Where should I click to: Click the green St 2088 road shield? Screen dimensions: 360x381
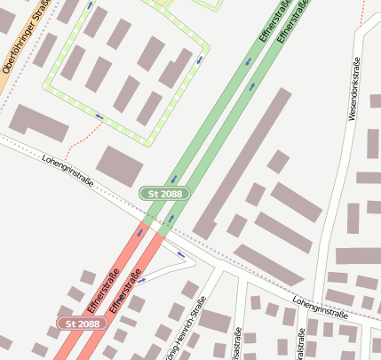(163, 193)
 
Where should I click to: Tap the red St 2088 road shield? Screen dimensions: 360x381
(82, 324)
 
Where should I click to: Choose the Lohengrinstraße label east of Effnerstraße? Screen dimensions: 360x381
(319, 308)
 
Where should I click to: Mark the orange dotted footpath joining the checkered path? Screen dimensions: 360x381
(79, 140)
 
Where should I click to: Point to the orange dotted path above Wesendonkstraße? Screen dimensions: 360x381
(363, 12)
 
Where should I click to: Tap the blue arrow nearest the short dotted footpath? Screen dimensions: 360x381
(99, 116)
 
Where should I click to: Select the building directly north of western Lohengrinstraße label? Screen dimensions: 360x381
(120, 166)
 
